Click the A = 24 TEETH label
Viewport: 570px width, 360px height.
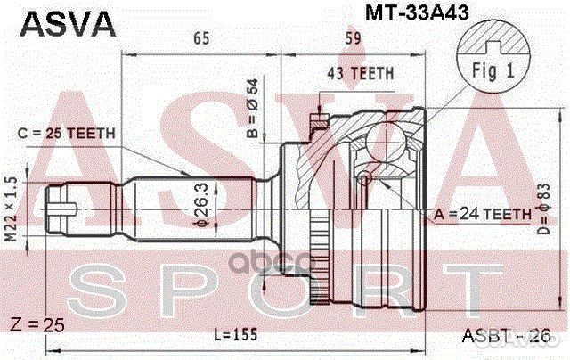(x=483, y=214)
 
